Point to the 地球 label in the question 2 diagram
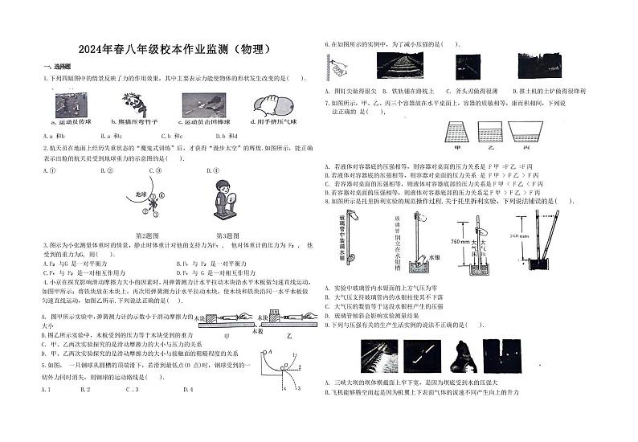(x=139, y=194)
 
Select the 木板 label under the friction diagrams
(x=258, y=330)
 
